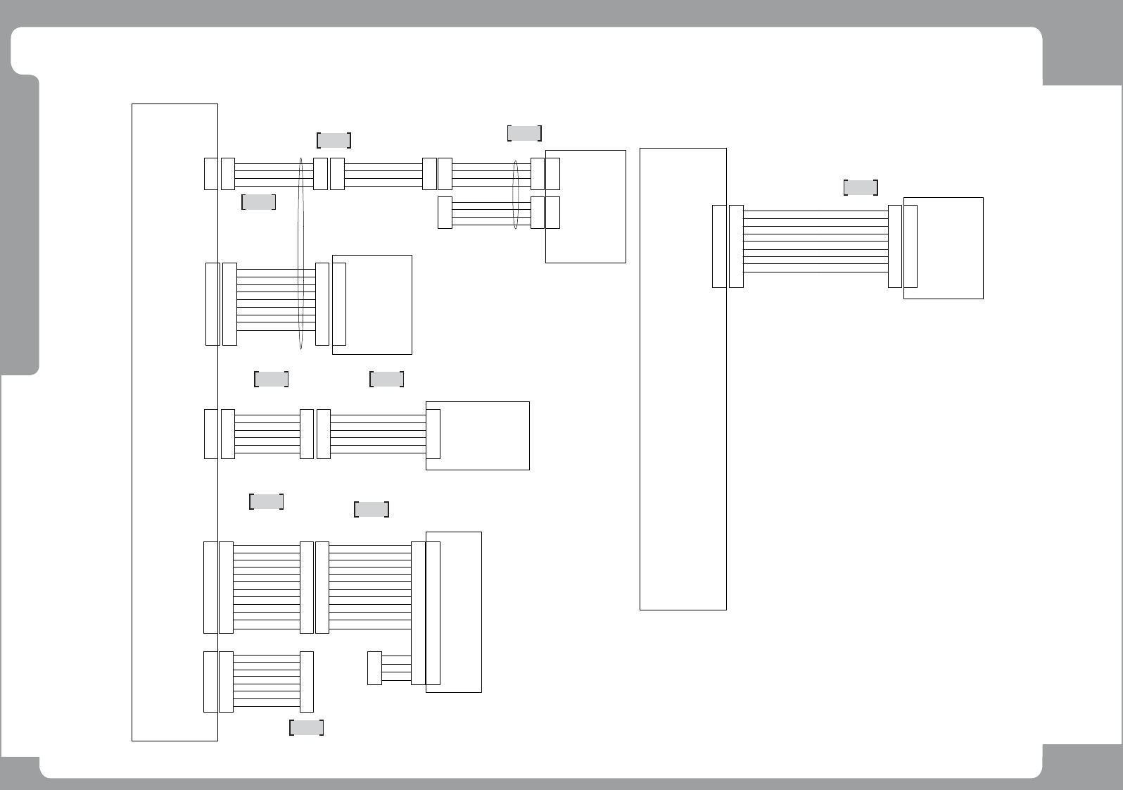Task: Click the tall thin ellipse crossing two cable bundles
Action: coord(301,253)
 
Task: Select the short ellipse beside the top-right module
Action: coord(516,195)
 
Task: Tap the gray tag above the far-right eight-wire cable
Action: coord(861,187)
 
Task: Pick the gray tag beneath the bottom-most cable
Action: coord(306,727)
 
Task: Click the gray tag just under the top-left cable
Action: coord(258,202)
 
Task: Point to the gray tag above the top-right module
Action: coord(524,133)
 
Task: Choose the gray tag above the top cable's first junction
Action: coord(334,140)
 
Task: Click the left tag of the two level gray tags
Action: coord(271,379)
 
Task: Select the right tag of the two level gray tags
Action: coord(386,379)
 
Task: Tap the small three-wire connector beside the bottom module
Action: coord(374,668)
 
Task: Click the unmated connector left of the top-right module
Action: coord(445,213)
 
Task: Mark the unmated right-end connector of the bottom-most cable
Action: coord(307,682)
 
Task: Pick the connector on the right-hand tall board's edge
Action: coord(718,246)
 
